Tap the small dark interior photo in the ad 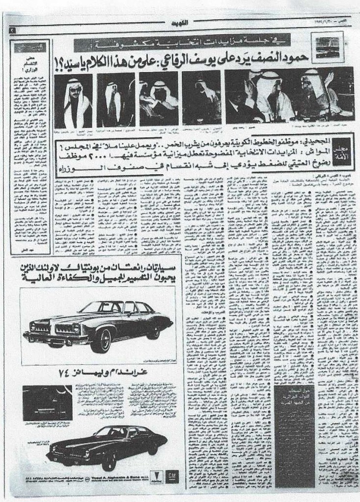pos(47,402)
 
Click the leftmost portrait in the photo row pos(73,101)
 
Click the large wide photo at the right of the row pos(289,95)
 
